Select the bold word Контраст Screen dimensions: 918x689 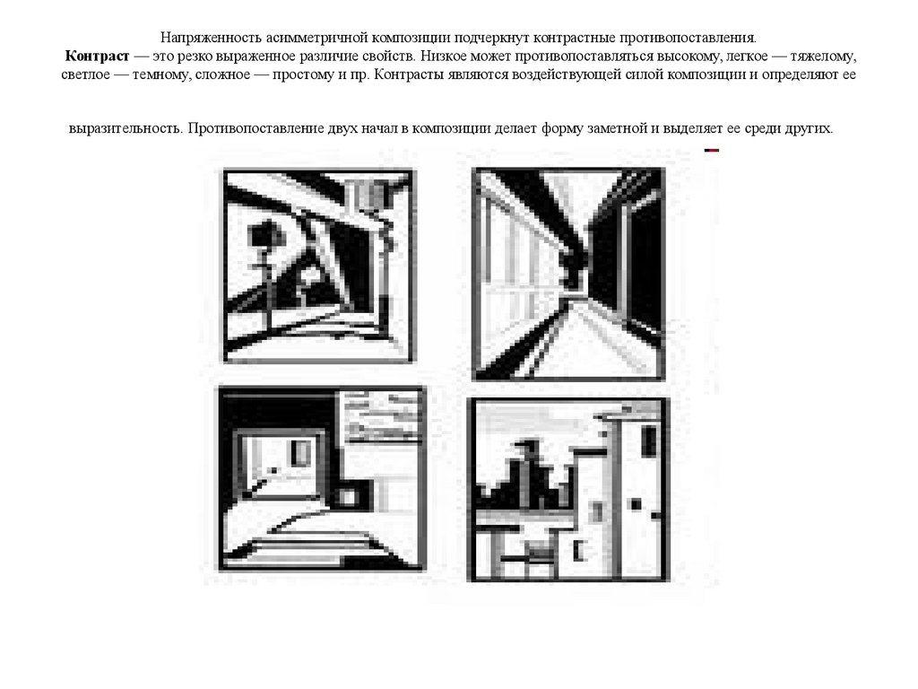click(x=97, y=57)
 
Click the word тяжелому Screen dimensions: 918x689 click(x=823, y=57)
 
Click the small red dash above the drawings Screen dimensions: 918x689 click(x=711, y=151)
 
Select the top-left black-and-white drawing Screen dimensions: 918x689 click(x=319, y=266)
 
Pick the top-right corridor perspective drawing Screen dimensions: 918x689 click(x=568, y=275)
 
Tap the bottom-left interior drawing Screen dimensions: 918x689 click(x=322, y=478)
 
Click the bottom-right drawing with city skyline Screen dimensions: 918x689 click(x=567, y=490)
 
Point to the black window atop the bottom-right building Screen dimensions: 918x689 click(x=649, y=441)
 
